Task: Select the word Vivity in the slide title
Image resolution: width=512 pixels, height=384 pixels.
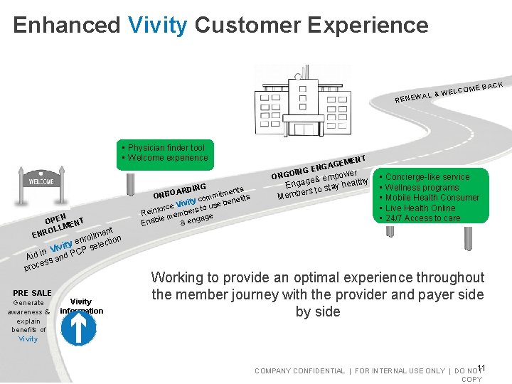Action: (158, 25)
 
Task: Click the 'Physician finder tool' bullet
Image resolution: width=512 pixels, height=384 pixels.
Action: (166, 148)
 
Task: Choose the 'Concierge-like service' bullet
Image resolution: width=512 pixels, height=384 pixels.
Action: (427, 176)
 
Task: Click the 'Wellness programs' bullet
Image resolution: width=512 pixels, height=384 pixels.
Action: (423, 188)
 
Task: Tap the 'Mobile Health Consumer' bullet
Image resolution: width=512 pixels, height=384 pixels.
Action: (432, 198)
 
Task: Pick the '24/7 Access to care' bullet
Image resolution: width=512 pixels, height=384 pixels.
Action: (422, 218)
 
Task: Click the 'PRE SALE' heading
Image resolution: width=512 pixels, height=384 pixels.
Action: (32, 293)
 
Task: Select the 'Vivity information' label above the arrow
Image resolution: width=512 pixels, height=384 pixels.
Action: (81, 306)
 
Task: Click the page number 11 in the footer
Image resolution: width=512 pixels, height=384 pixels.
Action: (481, 368)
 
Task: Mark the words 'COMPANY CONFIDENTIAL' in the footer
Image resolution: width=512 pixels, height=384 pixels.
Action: (299, 371)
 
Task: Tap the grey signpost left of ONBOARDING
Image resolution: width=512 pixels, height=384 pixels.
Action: (130, 183)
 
